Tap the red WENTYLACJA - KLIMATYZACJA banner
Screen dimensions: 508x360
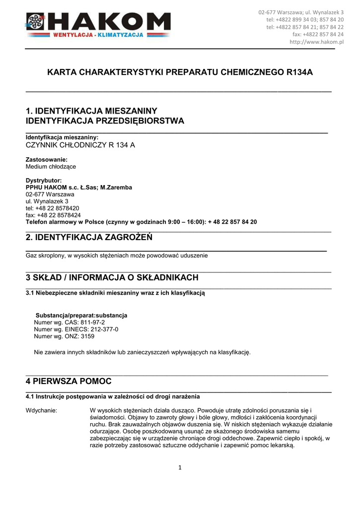(x=97, y=35)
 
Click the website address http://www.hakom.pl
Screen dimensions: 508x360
(x=316, y=42)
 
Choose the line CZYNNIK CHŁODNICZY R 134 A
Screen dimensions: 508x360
(x=80, y=145)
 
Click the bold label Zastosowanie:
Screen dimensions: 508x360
(x=46, y=159)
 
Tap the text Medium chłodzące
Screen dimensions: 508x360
(x=51, y=167)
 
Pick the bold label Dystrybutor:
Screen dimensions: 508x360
(x=44, y=181)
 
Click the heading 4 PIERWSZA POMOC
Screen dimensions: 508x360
(x=69, y=381)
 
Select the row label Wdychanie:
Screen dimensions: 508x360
(x=41, y=411)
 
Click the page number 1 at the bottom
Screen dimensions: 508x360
(x=180, y=467)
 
